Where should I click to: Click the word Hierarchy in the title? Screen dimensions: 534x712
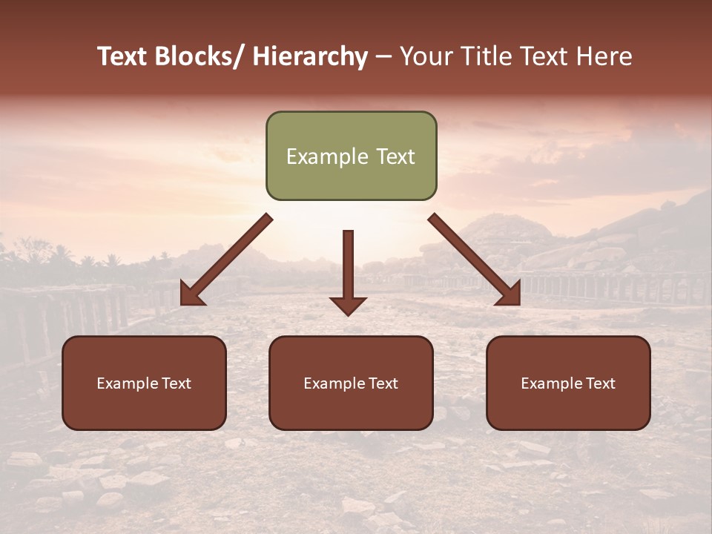click(309, 57)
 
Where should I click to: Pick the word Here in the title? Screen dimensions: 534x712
click(605, 57)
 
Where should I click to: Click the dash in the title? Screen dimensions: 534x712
click(383, 58)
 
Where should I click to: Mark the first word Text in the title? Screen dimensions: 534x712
click(123, 57)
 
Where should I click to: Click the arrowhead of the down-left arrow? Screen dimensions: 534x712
click(191, 295)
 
